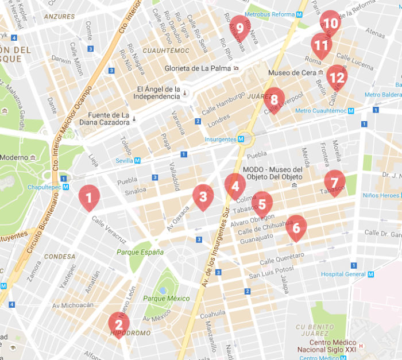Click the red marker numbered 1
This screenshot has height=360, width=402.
tap(88, 198)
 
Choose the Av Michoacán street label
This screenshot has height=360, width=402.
tap(73, 305)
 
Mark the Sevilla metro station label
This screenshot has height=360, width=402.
tap(124, 161)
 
